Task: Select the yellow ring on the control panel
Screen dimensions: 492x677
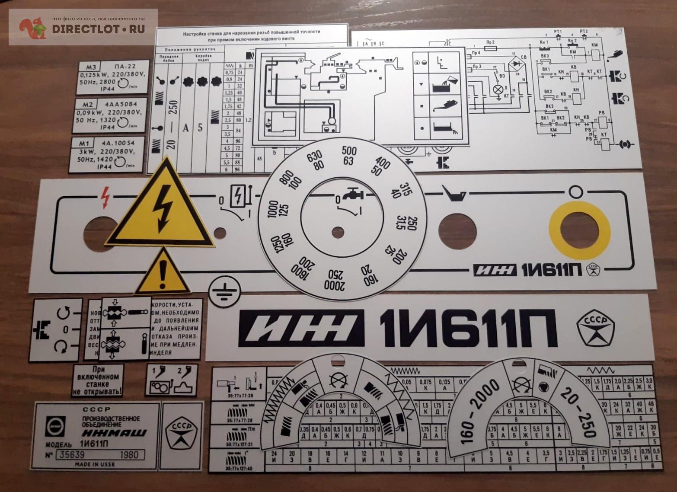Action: tap(579, 230)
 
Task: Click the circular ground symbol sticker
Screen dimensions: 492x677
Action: tap(224, 292)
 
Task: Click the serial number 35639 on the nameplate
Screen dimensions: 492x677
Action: tap(73, 454)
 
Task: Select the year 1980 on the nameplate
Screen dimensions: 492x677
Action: tap(129, 454)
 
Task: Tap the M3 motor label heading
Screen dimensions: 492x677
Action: tap(91, 67)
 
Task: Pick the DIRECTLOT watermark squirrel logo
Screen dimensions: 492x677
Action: tap(32, 28)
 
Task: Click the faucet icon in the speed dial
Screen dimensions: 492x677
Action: tap(351, 195)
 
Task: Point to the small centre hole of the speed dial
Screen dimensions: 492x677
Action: tap(338, 233)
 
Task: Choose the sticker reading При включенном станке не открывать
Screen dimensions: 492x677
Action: tap(98, 380)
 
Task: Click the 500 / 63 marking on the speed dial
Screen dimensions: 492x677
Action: tap(349, 156)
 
